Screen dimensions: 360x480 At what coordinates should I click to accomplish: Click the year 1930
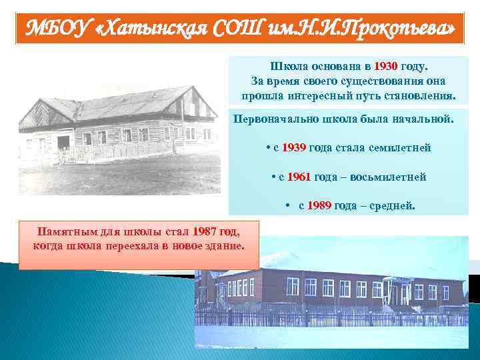coord(386,67)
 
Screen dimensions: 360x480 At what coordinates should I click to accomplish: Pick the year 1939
coord(293,147)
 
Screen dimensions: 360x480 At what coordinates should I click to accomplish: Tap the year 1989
coord(319,206)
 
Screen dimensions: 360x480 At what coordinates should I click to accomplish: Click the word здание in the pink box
coord(226,245)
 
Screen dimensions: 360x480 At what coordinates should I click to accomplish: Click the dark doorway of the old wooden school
coord(64,143)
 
